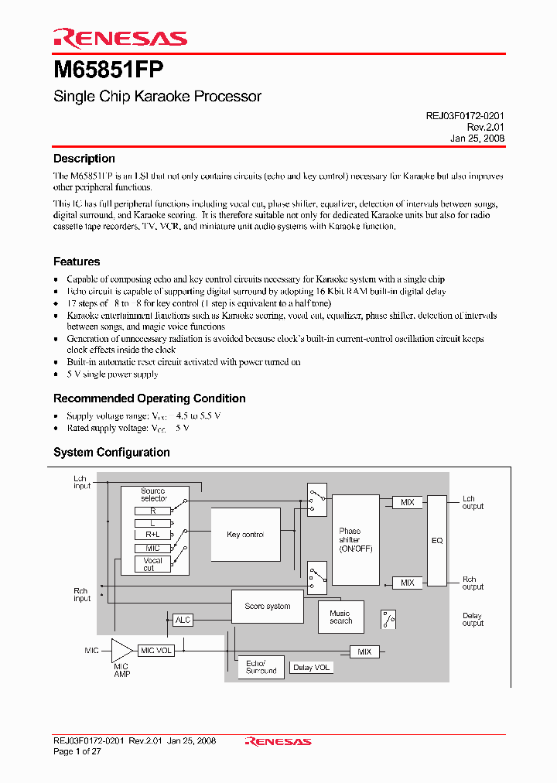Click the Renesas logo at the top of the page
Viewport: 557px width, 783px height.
coord(120,38)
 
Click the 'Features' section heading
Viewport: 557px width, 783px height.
coord(77,262)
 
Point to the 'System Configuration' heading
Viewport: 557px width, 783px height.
coord(111,453)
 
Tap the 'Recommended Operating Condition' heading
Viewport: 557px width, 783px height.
coord(149,398)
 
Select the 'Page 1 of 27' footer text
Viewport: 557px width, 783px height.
coord(77,751)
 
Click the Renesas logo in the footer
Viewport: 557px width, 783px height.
coord(278,741)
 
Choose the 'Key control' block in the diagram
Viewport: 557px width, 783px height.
coord(245,535)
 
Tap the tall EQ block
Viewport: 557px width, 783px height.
coord(437,540)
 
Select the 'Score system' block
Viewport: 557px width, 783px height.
coord(268,607)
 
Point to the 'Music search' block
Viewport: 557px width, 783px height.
coord(340,617)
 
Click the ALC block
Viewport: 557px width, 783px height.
coord(183,620)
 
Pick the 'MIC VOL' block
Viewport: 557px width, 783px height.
coord(156,651)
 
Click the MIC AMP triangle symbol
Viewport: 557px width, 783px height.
coord(121,651)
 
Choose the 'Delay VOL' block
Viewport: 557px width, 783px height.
coord(312,667)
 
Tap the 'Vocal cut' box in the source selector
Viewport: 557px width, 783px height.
coord(152,564)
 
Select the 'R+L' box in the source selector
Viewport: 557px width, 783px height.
coord(152,535)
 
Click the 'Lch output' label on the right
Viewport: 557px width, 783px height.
coord(473,503)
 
